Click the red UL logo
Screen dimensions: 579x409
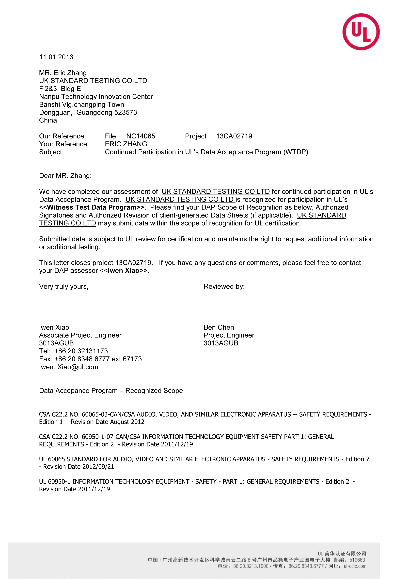pos(361,32)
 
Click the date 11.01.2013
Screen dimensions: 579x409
pos(56,57)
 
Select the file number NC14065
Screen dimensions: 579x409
pos(141,136)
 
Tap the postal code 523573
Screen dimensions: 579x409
pos(126,112)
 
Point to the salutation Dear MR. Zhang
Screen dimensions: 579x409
pos(65,176)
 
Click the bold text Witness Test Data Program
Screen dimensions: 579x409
pos(92,207)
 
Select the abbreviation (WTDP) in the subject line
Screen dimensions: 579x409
pos(296,152)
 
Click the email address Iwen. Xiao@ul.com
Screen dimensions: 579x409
pos(69,367)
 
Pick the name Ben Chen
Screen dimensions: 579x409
pos(219,327)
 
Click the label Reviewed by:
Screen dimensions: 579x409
pos(224,287)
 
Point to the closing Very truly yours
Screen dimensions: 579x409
pos(64,287)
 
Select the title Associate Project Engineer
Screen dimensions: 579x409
pos(80,335)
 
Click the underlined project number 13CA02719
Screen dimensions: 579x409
pos(134,263)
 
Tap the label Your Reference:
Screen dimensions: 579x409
pos(64,144)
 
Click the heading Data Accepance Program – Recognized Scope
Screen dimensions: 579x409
pos(111,391)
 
